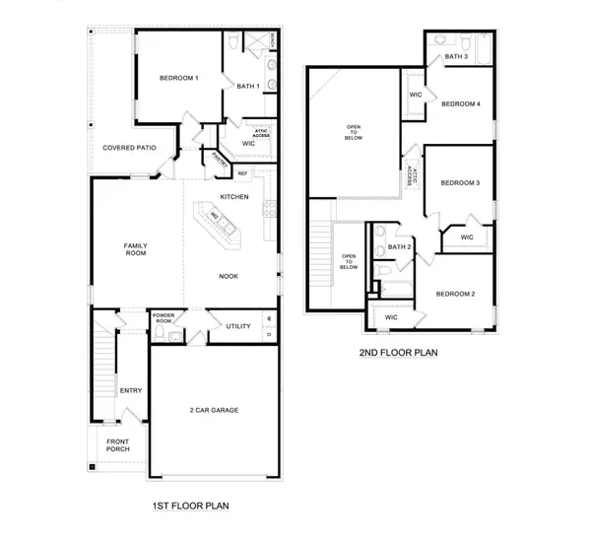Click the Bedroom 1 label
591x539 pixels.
pyautogui.click(x=180, y=77)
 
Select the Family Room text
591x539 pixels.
pyautogui.click(x=135, y=249)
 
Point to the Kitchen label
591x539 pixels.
pyautogui.click(x=233, y=197)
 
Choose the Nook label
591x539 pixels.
pyautogui.click(x=229, y=276)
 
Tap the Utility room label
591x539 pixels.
pyautogui.click(x=237, y=326)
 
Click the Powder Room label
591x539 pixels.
pyautogui.click(x=164, y=319)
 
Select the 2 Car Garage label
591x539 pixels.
pyautogui.click(x=214, y=410)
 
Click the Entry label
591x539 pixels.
pyautogui.click(x=130, y=390)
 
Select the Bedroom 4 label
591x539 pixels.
pyautogui.click(x=460, y=104)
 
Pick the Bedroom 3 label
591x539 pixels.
pyautogui.click(x=460, y=183)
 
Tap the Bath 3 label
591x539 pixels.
pyautogui.click(x=455, y=57)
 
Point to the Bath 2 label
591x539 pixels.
pyautogui.click(x=399, y=247)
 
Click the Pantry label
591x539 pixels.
pyautogui.click(x=220, y=164)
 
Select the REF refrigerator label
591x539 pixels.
pyautogui.click(x=242, y=171)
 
